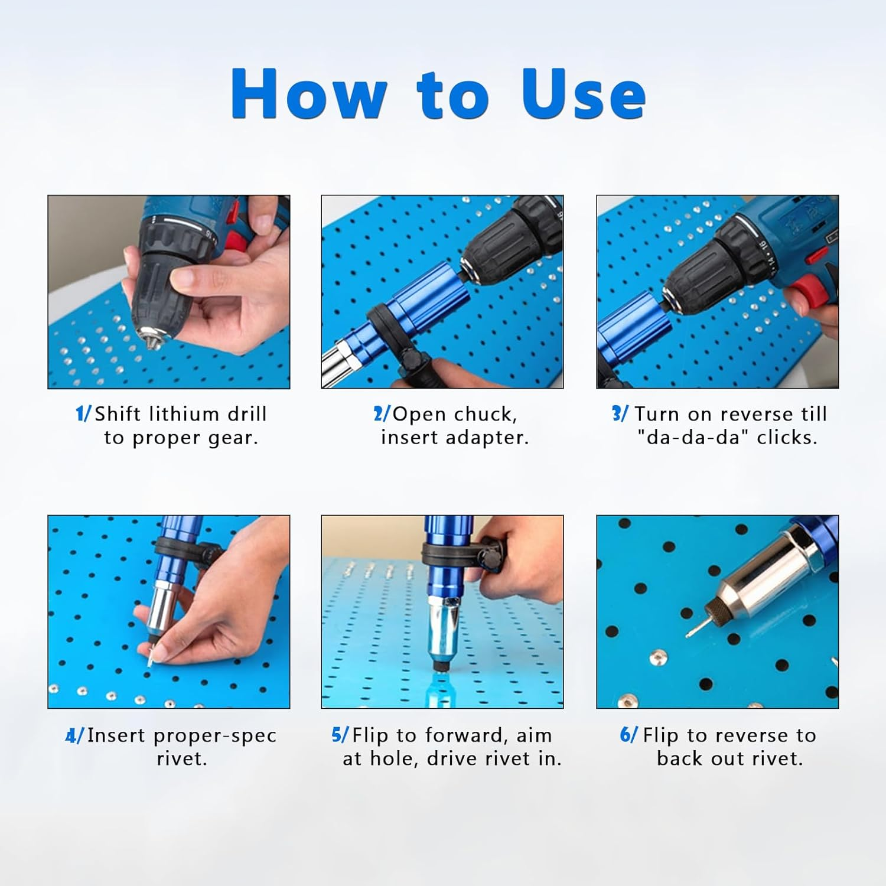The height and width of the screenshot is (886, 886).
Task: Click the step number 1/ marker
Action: point(83,413)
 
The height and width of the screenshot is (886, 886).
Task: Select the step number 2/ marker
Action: point(382,413)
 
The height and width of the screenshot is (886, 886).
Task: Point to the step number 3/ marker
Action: point(620,413)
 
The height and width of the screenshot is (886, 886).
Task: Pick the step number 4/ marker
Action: point(74,735)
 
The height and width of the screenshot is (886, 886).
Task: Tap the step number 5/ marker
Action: point(340,735)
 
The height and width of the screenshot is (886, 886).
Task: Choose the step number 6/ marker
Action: point(628,735)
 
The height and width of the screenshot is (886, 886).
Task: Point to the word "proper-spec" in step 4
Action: point(214,735)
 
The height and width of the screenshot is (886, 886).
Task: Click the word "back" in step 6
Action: point(680,758)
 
